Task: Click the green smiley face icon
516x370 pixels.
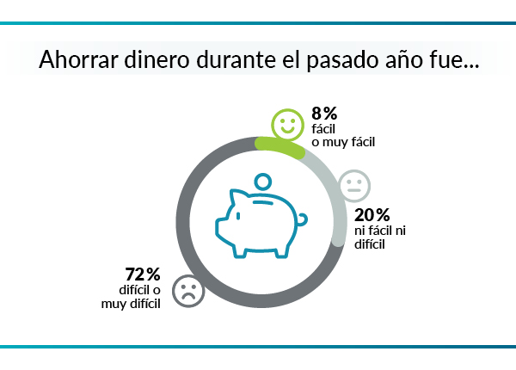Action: point(286,125)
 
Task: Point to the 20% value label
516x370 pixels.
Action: point(372,215)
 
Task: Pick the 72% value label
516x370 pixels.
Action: point(143,274)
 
